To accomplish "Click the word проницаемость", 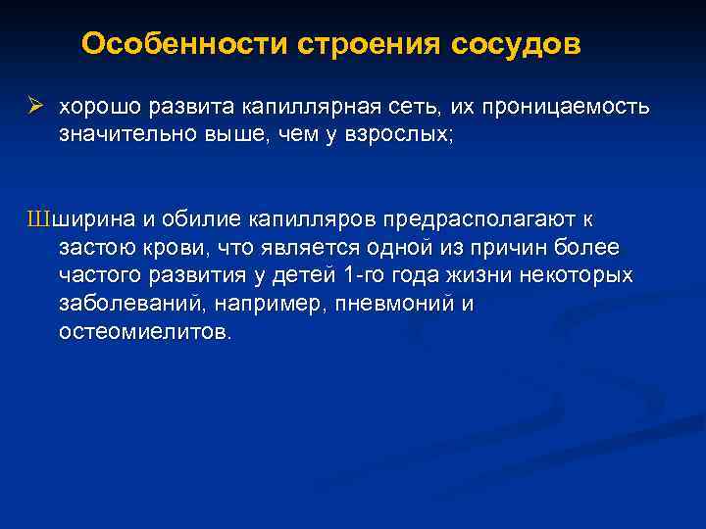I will coord(562,105).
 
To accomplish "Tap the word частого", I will coord(98,275).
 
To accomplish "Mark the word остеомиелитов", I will coord(146,331).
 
